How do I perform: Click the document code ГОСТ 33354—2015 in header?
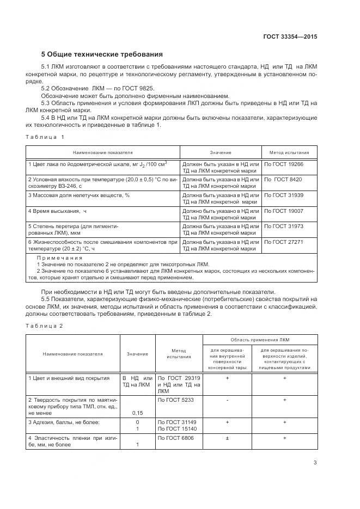pyautogui.click(x=290, y=37)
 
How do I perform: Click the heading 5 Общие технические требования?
pyautogui.click(x=102, y=54)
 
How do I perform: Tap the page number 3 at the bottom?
pyautogui.click(x=315, y=463)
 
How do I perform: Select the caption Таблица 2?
pyautogui.click(x=45, y=326)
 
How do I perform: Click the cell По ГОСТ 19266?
pyautogui.click(x=284, y=163)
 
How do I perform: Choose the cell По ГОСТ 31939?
pyautogui.click(x=284, y=195)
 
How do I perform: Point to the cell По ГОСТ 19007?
pyautogui.click(x=284, y=211)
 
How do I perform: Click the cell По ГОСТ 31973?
pyautogui.click(x=284, y=226)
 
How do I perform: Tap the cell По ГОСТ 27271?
pyautogui.click(x=284, y=242)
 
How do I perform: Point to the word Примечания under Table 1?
pyautogui.click(x=59, y=257)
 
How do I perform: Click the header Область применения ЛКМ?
pyautogui.click(x=259, y=339)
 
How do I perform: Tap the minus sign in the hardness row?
pyautogui.click(x=227, y=400)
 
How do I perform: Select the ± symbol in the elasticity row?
pyautogui.click(x=227, y=438)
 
